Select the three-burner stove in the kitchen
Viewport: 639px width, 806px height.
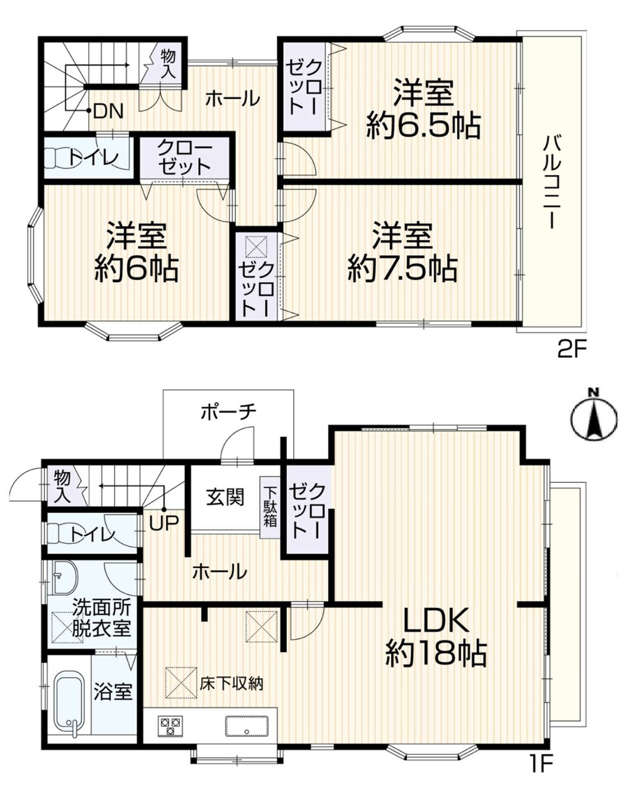pyautogui.click(x=171, y=725)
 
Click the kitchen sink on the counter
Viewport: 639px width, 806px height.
pyautogui.click(x=247, y=726)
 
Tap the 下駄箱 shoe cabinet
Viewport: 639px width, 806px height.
pyautogui.click(x=270, y=507)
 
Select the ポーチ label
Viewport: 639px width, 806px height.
pyautogui.click(x=228, y=412)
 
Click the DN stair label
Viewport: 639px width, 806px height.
pyautogui.click(x=108, y=111)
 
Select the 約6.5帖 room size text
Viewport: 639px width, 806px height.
pyautogui.click(x=423, y=126)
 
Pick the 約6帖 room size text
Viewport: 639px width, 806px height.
pyautogui.click(x=136, y=269)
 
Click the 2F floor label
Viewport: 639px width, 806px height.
pyautogui.click(x=570, y=353)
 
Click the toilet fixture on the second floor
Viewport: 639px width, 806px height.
pyautogui.click(x=60, y=157)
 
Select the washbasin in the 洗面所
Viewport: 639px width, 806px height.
pyautogui.click(x=65, y=577)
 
